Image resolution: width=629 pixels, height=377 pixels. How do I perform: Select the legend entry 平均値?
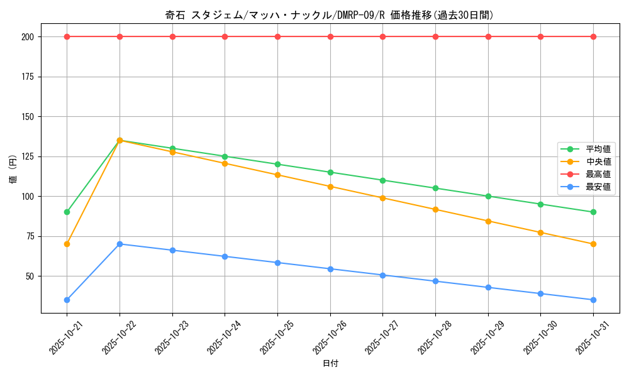[598, 149]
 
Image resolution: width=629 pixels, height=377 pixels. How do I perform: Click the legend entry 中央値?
[598, 161]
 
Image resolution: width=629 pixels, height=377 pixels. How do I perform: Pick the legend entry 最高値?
[598, 174]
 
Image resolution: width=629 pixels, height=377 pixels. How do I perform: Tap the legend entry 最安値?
[598, 187]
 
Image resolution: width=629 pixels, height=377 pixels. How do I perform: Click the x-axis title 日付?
[330, 363]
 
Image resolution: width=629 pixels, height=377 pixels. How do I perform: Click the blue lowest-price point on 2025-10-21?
[67, 300]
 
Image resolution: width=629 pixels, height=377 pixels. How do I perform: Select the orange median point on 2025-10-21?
[67, 244]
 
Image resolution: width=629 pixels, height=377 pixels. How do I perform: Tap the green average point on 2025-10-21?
[67, 212]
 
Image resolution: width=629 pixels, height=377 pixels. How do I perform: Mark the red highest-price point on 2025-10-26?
[330, 36]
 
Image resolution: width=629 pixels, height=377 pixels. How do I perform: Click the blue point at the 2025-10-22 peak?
[120, 244]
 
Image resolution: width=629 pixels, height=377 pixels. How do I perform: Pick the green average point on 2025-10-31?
[593, 212]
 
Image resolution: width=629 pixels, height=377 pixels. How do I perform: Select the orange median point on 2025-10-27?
[382, 198]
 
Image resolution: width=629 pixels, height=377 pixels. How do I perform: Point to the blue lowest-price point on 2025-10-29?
[488, 287]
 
